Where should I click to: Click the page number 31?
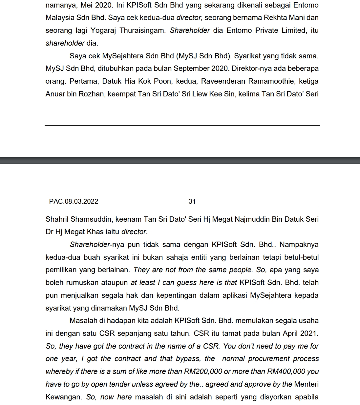click(192, 201)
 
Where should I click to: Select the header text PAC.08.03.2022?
click(74, 201)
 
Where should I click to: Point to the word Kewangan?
click(63, 397)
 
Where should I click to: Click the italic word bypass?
click(188, 359)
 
